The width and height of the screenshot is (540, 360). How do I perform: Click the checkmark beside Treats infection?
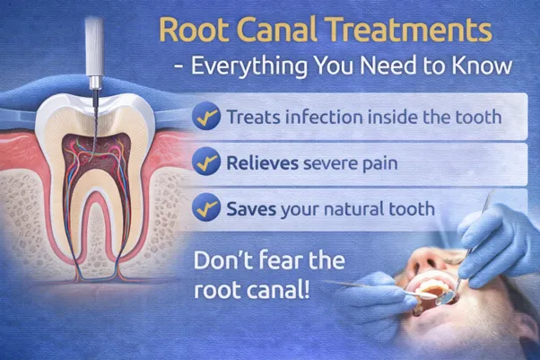point(205,117)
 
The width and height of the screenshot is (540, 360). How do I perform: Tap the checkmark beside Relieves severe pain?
point(205,163)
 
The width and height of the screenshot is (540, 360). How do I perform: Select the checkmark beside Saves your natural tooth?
point(205,210)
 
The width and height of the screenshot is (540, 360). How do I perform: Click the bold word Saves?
point(249,210)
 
